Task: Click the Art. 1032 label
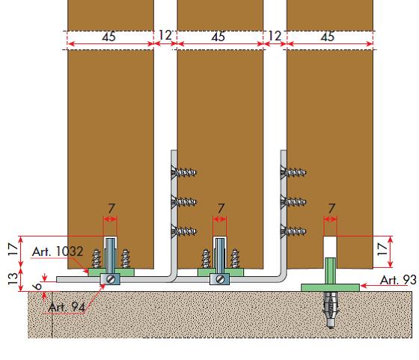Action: click(x=58, y=251)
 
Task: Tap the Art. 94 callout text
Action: click(x=67, y=308)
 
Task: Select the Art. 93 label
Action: click(x=398, y=280)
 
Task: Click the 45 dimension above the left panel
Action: click(x=108, y=37)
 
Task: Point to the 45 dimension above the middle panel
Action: click(x=218, y=37)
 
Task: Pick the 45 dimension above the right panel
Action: click(x=328, y=37)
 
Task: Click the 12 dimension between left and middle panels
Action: click(x=165, y=35)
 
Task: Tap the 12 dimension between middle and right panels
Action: click(x=275, y=35)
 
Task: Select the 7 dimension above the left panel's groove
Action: click(x=111, y=209)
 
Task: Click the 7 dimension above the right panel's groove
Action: click(x=331, y=209)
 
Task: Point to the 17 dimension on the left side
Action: click(x=13, y=249)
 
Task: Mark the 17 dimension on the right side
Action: click(x=382, y=249)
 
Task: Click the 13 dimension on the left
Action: click(x=13, y=278)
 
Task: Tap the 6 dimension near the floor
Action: click(x=37, y=286)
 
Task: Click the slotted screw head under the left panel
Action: click(x=111, y=279)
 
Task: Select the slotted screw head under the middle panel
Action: click(x=220, y=279)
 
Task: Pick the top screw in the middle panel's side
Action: click(x=184, y=172)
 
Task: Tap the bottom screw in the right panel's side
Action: click(x=293, y=231)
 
